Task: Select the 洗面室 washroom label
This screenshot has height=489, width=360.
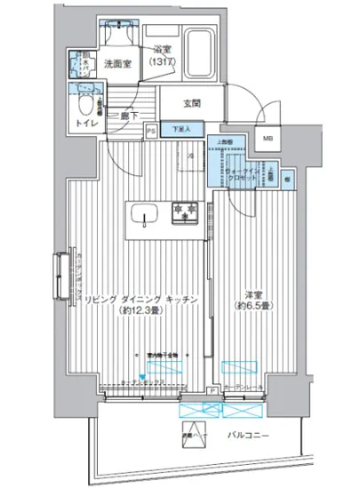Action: point(116,64)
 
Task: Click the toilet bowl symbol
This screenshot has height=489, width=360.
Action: point(85,91)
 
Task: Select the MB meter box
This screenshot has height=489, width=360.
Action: point(268,139)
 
